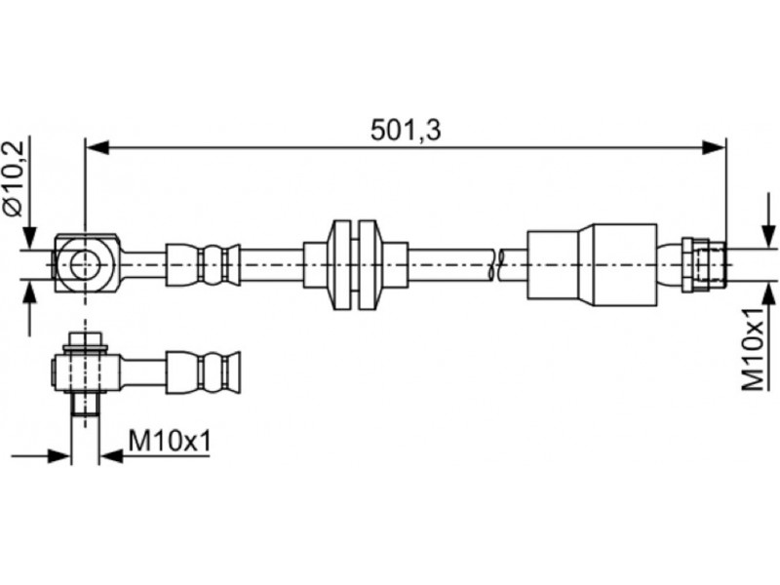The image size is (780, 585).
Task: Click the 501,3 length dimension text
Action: (406, 131)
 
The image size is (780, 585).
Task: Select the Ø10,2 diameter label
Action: (14, 178)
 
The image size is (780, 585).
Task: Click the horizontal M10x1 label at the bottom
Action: (170, 441)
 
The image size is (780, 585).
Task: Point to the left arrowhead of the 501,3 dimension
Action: (97, 147)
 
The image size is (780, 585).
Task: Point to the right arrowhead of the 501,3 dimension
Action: (715, 147)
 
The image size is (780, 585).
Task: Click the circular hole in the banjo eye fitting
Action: (86, 264)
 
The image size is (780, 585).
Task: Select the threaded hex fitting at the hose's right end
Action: (703, 264)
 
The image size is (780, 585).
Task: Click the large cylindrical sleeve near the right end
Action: (592, 264)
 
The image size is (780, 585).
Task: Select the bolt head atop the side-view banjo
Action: (86, 339)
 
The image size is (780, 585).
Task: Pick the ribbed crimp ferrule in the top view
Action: (203, 264)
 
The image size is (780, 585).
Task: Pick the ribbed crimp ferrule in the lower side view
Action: (203, 371)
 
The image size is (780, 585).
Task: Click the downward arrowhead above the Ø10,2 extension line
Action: (30, 238)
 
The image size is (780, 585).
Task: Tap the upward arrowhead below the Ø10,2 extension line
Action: (30, 291)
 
